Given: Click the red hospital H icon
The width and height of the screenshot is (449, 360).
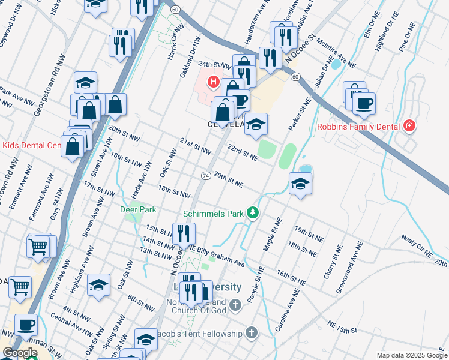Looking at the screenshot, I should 212,82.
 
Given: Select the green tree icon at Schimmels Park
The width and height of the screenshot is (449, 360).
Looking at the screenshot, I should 254,213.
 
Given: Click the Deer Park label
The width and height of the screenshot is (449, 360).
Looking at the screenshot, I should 138,209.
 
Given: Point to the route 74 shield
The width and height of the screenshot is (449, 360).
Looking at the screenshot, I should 205,175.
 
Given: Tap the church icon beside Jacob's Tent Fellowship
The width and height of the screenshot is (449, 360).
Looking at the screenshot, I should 251,333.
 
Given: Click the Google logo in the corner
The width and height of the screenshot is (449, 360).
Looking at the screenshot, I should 19,353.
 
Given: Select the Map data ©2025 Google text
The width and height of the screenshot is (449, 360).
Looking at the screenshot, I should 412,355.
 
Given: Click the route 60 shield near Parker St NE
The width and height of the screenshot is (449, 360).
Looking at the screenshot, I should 295,77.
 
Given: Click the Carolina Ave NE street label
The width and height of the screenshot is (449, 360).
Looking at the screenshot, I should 289,310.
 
